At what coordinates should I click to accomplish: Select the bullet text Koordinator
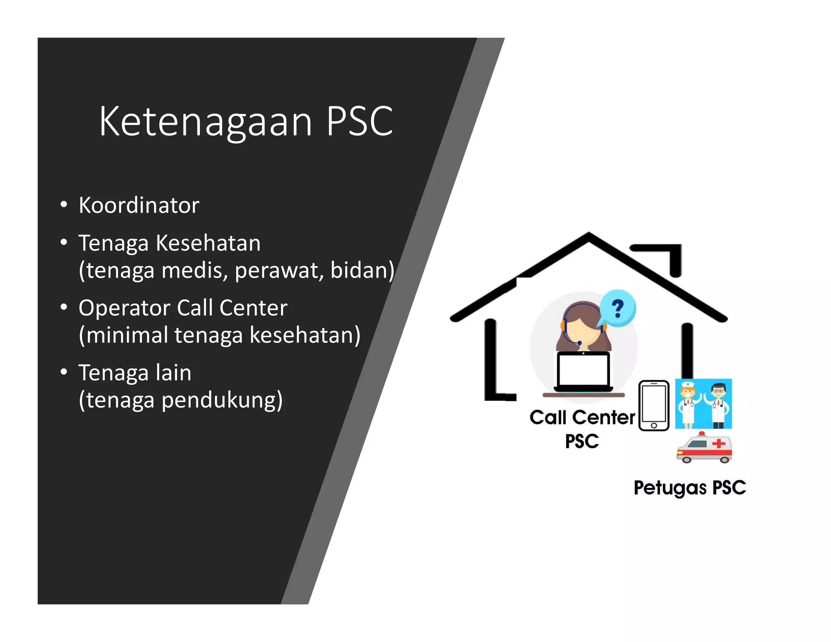139,205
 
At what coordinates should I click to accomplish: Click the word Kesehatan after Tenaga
208,243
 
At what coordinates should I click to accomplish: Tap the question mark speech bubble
618,308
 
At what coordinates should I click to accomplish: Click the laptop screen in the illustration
583,370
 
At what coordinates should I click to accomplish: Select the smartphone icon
654,405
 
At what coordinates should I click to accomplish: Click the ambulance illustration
704,448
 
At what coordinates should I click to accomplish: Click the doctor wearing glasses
718,404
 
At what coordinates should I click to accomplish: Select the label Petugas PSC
689,488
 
